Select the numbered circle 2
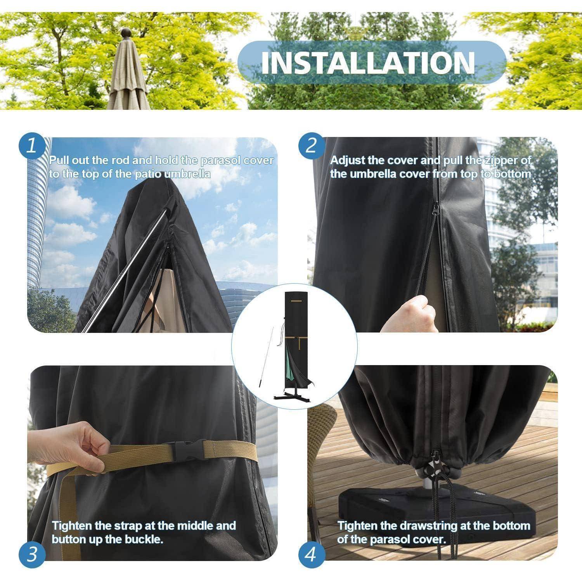click(311, 146)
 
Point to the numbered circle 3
click(32, 554)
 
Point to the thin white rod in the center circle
click(267, 355)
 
